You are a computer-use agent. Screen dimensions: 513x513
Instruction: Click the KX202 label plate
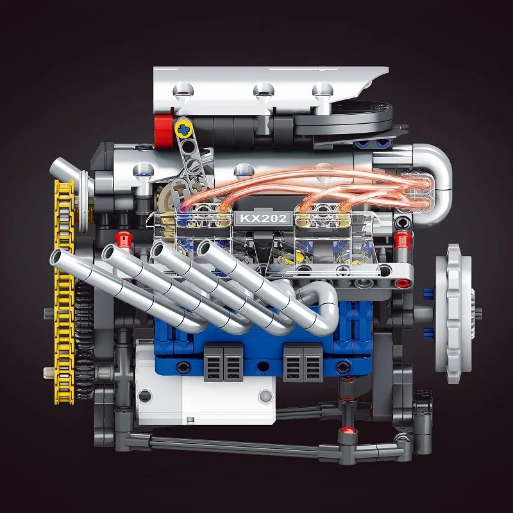[264, 218]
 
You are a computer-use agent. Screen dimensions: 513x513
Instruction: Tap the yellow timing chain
[63, 291]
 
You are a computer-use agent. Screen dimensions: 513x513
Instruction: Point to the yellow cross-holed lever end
[184, 129]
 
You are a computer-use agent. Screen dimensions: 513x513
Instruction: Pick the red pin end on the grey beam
[403, 282]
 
